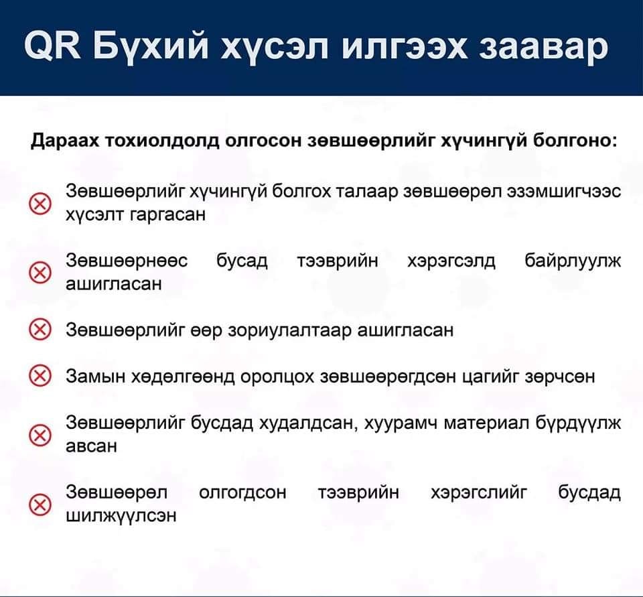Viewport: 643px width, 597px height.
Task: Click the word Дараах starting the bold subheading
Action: [65, 141]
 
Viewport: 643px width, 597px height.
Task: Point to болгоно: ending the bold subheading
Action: [575, 140]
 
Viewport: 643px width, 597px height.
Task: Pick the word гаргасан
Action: [167, 214]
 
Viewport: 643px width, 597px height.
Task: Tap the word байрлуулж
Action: [573, 261]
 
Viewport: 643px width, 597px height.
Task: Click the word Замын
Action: [96, 377]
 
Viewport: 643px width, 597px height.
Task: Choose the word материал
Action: [486, 423]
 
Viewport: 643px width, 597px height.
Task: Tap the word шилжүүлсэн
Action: [121, 515]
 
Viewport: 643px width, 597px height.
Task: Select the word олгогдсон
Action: [242, 492]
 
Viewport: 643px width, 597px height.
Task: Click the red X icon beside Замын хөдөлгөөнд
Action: [40, 377]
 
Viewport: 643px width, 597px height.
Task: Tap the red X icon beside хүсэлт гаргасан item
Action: [40, 204]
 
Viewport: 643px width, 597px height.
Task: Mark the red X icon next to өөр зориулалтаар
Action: [40, 330]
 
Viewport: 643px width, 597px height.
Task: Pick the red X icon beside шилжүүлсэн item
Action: [40, 505]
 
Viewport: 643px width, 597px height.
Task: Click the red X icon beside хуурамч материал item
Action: [40, 436]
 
